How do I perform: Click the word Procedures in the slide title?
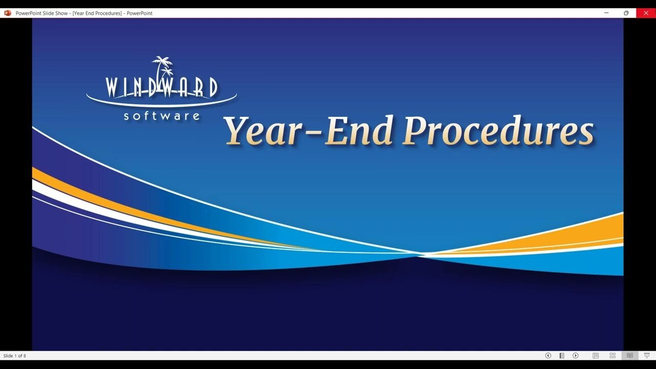498,131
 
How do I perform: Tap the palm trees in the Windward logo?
162,67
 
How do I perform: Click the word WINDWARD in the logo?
161,88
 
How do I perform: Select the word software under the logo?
161,116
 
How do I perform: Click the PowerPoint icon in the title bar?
8,13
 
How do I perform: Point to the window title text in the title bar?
84,13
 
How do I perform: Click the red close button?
646,13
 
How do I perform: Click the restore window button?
626,13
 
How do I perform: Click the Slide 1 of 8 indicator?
15,356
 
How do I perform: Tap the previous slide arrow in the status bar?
548,356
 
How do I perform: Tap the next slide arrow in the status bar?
576,356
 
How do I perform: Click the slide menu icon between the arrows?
562,356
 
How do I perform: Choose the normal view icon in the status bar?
596,356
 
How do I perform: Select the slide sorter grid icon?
612,356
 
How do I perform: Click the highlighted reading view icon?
630,356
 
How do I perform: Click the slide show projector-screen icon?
647,356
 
